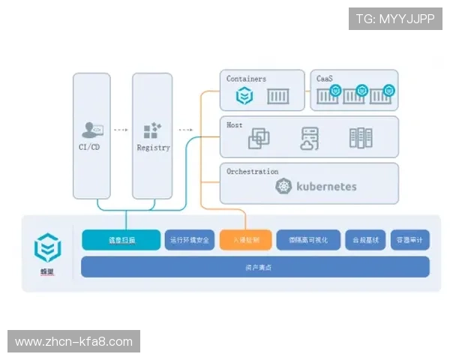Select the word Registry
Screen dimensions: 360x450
click(153, 148)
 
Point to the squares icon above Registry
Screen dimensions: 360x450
click(152, 130)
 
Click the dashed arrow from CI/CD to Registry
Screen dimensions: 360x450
click(121, 130)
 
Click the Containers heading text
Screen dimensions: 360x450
click(246, 79)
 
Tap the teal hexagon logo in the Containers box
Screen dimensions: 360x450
click(244, 96)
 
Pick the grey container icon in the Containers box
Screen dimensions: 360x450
click(278, 96)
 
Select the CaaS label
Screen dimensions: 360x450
click(325, 79)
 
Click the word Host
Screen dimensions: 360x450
click(235, 125)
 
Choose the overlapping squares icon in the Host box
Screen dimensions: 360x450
click(259, 138)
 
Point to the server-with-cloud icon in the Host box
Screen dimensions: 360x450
click(310, 138)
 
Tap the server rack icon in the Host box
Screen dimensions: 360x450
click(361, 138)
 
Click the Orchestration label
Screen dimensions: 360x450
click(252, 172)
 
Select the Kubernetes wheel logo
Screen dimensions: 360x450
click(283, 187)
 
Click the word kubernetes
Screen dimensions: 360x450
click(326, 186)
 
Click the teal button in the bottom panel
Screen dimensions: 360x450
click(121, 240)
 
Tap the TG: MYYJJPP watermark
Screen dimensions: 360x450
click(395, 19)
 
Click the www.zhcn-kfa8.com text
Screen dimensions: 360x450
click(74, 342)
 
